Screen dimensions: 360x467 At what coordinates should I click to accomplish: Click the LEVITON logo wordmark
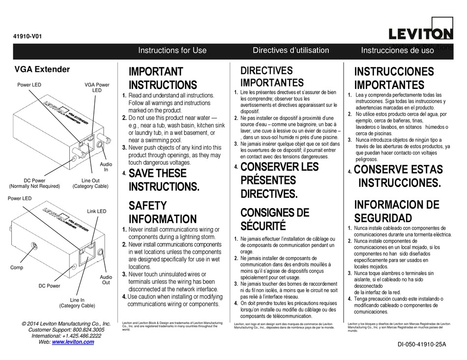[x=420, y=34]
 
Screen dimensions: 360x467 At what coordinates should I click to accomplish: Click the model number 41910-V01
[x=29, y=35]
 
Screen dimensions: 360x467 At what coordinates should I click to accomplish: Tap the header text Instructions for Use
[x=172, y=51]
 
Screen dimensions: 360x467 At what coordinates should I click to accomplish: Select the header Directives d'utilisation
[x=291, y=50]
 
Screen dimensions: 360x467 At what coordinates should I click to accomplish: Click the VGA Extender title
[x=42, y=70]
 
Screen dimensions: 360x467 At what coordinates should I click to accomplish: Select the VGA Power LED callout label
[x=97, y=88]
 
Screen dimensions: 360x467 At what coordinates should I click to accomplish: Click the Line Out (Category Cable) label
[x=90, y=183]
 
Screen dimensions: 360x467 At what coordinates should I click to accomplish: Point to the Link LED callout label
[x=96, y=211]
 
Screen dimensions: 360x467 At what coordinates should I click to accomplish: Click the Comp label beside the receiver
[x=17, y=267]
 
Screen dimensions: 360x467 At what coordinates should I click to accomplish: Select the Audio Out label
[x=106, y=280]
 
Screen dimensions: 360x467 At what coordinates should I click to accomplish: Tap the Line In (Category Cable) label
[x=77, y=302]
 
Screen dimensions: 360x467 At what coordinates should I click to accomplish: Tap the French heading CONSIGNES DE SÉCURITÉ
[x=275, y=219]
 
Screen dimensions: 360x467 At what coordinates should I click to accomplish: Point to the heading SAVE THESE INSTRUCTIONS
[x=164, y=180]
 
